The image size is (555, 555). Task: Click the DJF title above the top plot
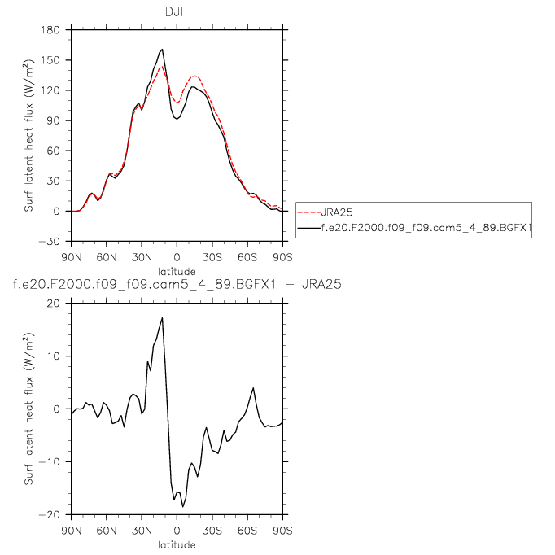click(177, 11)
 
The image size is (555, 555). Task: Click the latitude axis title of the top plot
click(177, 270)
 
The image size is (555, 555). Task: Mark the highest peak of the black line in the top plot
click(163, 49)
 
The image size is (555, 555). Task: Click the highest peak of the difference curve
click(163, 317)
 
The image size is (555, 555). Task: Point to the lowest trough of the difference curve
click(183, 507)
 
